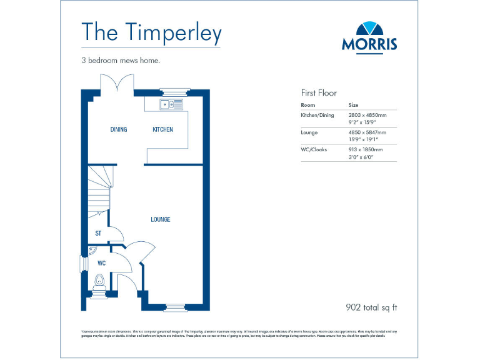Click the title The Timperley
click(152, 32)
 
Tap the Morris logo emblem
click(369, 29)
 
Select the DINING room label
click(119, 129)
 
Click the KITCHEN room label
click(163, 129)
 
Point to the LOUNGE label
click(160, 219)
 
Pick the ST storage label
click(98, 234)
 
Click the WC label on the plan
click(101, 263)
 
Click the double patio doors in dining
click(119, 83)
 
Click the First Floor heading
click(319, 92)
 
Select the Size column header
click(353, 105)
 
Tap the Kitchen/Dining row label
click(317, 115)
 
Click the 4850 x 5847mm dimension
click(367, 132)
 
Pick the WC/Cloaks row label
click(314, 150)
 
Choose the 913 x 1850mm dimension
click(365, 150)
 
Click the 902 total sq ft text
click(371, 307)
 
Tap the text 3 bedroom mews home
click(121, 61)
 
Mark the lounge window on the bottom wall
click(176, 306)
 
